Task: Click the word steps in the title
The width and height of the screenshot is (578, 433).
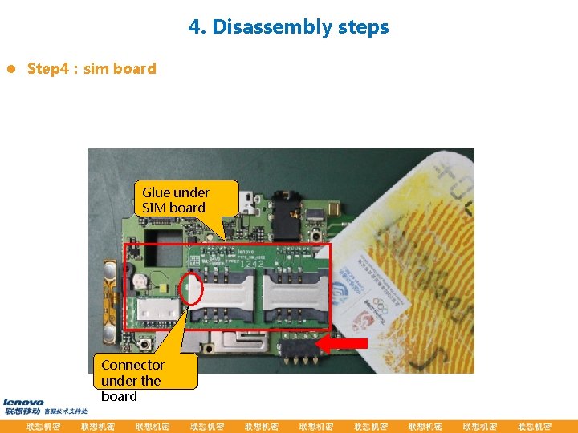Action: [363, 27]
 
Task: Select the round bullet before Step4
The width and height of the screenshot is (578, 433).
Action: [11, 69]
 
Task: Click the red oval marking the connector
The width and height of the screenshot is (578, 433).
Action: [190, 288]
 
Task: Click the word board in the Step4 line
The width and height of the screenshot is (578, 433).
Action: [134, 69]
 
